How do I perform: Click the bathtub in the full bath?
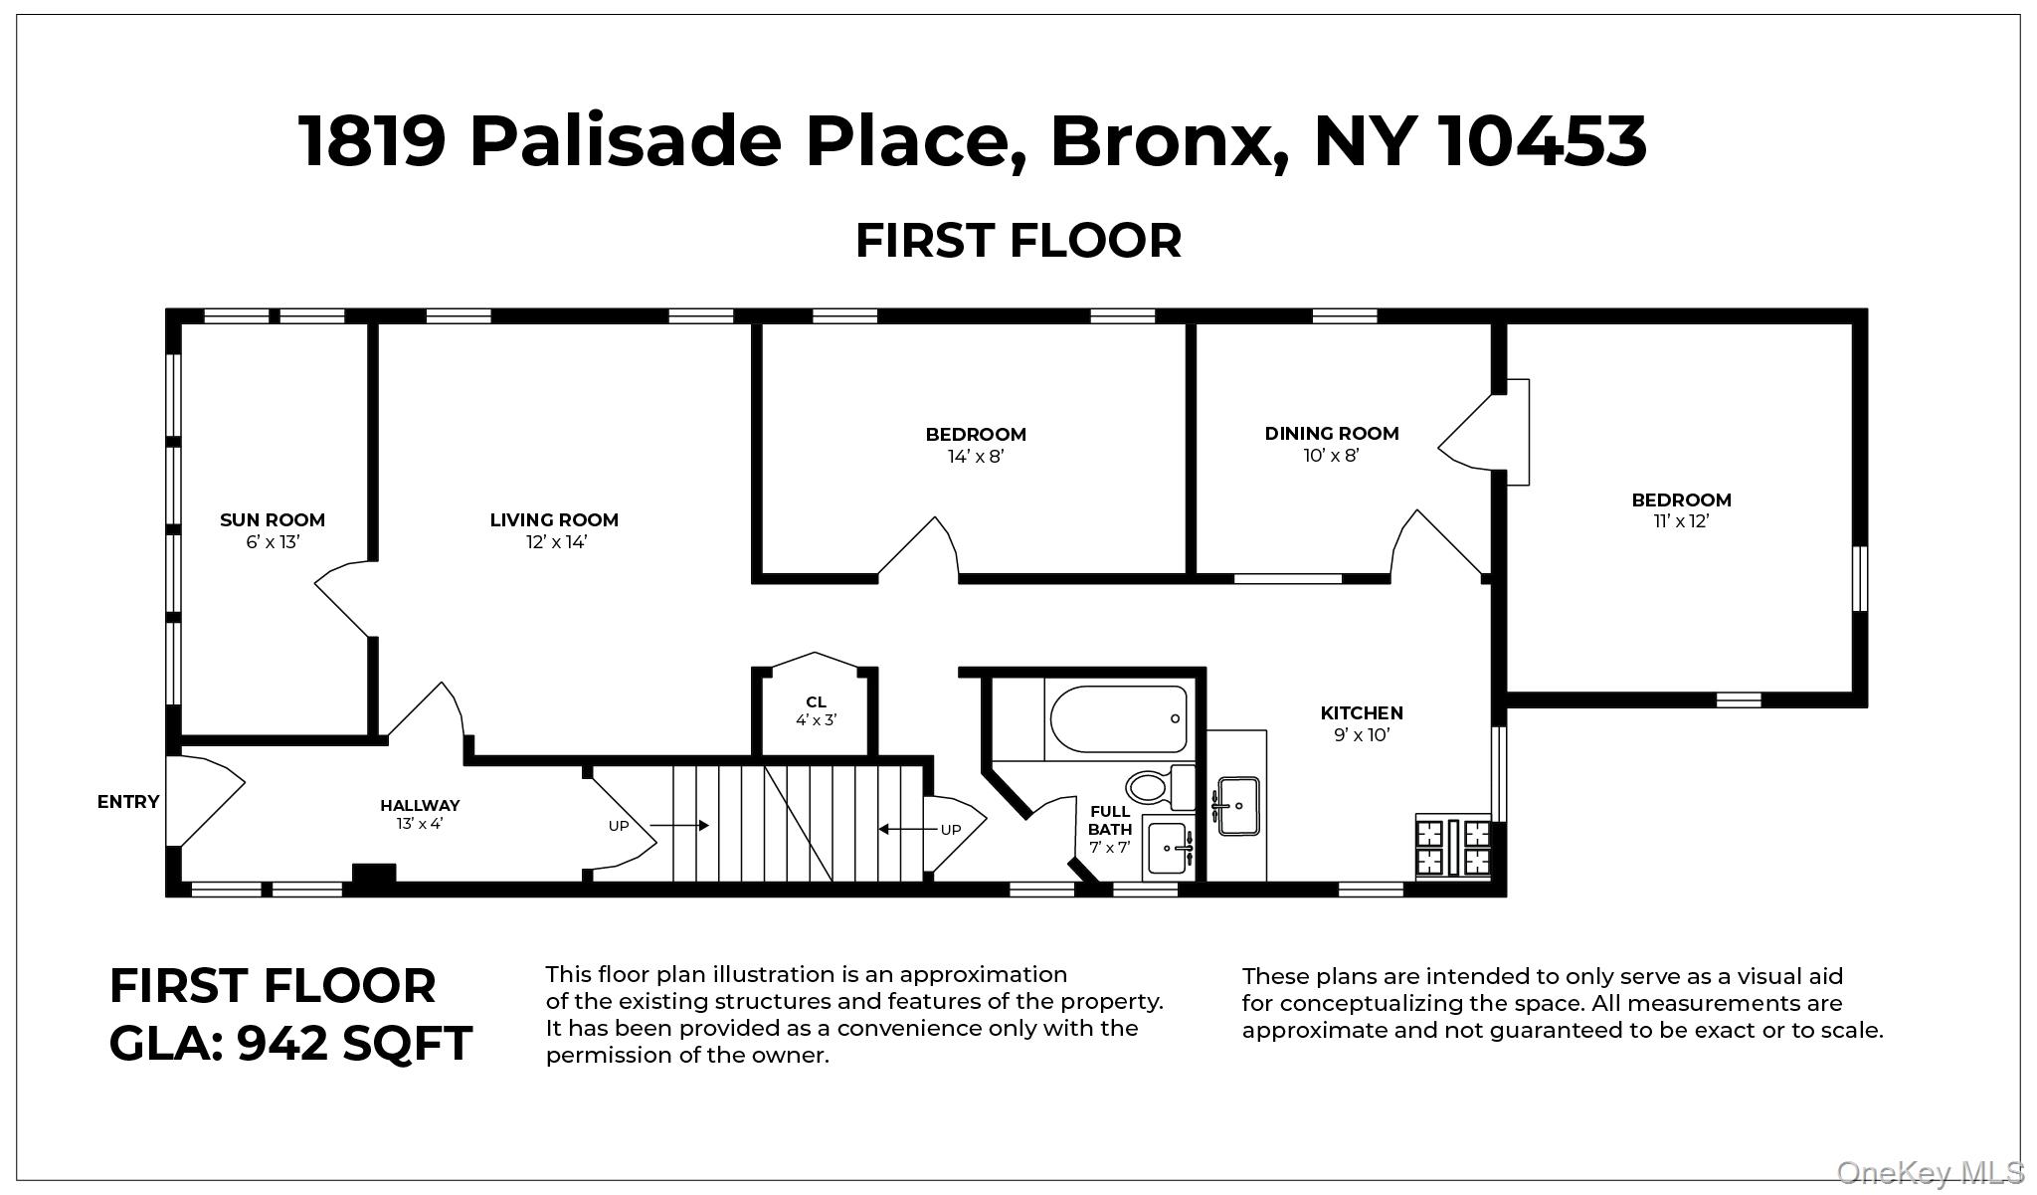point(1117,718)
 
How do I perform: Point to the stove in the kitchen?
point(1454,846)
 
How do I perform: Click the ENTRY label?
point(128,802)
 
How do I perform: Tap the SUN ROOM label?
point(273,519)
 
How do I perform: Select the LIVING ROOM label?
point(554,519)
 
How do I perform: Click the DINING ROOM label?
point(1332,433)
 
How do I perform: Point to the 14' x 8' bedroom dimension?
point(976,457)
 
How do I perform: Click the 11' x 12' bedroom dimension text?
point(1682,521)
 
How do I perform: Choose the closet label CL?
point(817,702)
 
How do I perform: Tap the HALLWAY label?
point(420,805)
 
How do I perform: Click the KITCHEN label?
point(1362,712)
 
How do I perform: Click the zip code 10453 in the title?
point(1543,140)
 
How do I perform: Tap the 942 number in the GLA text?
point(281,1044)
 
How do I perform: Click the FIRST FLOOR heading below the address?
point(1018,241)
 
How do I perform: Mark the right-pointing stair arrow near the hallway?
point(679,826)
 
